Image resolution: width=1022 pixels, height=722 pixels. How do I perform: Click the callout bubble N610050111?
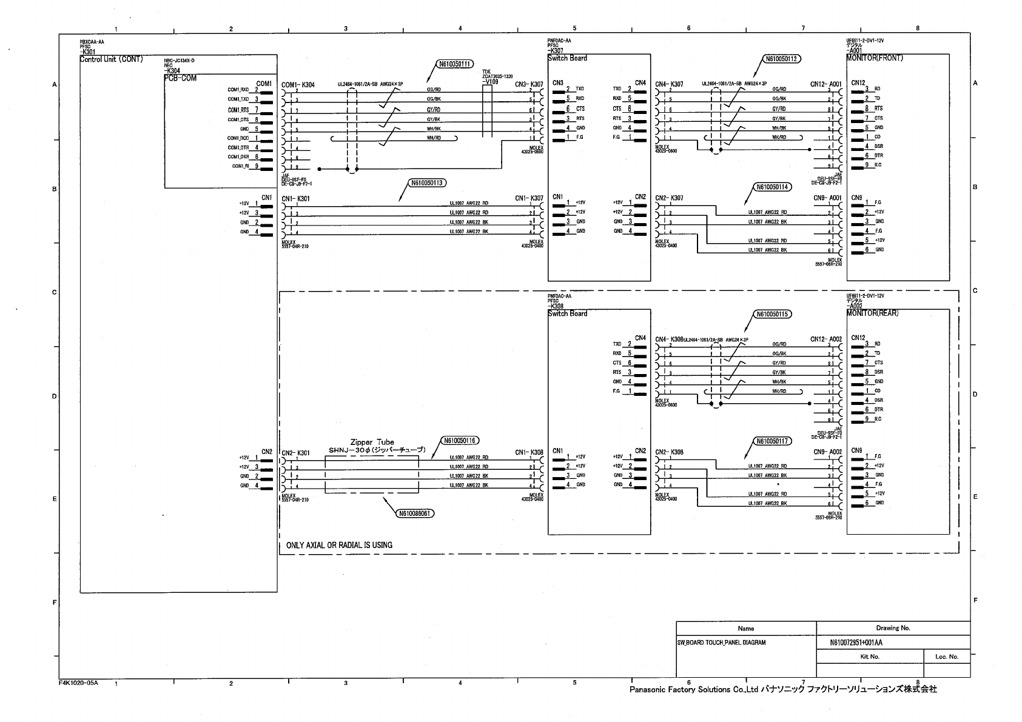point(454,64)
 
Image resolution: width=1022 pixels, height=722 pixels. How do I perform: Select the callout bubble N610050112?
point(782,59)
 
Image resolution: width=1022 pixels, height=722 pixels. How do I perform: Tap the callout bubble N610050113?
point(428,182)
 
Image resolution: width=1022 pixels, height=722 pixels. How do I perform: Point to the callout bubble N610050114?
point(773,187)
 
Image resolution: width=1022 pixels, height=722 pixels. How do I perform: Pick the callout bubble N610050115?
point(773,315)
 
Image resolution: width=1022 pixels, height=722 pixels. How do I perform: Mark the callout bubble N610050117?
point(773,441)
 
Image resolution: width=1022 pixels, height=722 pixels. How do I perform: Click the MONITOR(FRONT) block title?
point(875,58)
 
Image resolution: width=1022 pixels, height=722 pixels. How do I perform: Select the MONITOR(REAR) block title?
point(873,313)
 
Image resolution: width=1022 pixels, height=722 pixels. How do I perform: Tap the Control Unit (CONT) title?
point(112,59)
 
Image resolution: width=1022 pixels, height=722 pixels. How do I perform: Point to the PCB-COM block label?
point(181,78)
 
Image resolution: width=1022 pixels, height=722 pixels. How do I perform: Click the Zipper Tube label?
point(372,443)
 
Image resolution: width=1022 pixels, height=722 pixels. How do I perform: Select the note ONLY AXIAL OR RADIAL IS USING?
point(339,545)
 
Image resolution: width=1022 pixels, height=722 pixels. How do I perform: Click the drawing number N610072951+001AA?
point(856,643)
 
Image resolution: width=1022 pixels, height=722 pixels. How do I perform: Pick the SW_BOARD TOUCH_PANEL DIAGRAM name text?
point(721,643)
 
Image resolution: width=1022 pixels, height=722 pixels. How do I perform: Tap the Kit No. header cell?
point(870,657)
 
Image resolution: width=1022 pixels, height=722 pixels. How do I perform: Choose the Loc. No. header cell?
point(946,657)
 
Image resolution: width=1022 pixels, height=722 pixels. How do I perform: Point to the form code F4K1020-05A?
point(78,683)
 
